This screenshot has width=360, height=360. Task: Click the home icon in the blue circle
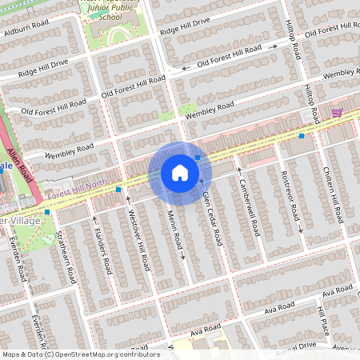180,173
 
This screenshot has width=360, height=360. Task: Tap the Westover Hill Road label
138,239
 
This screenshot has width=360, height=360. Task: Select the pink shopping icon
337,113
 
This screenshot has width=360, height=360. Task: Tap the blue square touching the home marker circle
197,158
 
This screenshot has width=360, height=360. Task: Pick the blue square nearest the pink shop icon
301,136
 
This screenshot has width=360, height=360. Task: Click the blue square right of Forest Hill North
118,190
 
